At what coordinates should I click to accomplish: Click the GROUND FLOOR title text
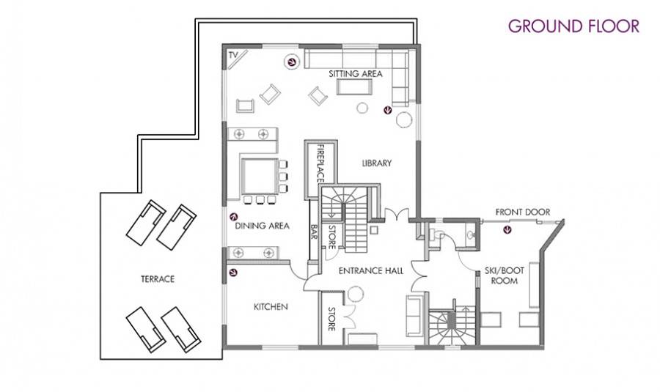[x=573, y=26]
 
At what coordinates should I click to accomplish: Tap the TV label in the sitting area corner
[x=233, y=55]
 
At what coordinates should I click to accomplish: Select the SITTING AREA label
[x=356, y=73]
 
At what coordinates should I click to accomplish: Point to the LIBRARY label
[x=377, y=163]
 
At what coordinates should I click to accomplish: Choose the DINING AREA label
[x=263, y=226]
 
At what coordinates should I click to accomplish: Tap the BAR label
[x=314, y=230]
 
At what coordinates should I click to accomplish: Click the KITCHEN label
[x=271, y=307]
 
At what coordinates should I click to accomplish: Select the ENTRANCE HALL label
[x=371, y=271]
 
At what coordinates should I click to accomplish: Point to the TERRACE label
[x=158, y=279]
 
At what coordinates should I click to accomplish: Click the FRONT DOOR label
[x=523, y=212]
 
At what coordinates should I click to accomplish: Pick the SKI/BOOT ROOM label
[x=504, y=276]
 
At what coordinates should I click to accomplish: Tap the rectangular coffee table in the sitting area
[x=354, y=87]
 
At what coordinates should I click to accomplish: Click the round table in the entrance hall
[x=356, y=294]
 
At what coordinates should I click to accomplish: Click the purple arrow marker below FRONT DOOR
[x=508, y=229]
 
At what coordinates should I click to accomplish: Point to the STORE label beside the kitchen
[x=331, y=319]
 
